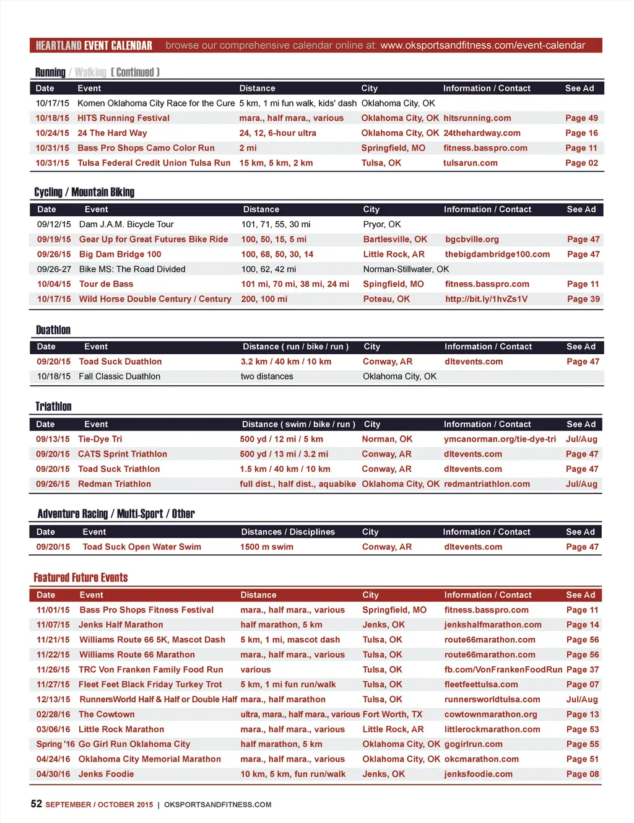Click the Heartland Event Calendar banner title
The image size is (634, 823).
pyautogui.click(x=94, y=46)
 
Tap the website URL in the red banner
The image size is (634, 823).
pyautogui.click(x=482, y=45)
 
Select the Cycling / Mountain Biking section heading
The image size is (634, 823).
pyautogui.click(x=84, y=192)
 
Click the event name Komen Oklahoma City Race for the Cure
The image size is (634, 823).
pyautogui.click(x=156, y=103)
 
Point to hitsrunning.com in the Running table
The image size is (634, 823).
pyautogui.click(x=477, y=118)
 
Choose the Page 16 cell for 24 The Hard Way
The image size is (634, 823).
pyautogui.click(x=581, y=133)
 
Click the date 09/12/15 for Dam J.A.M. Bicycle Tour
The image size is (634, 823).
pyautogui.click(x=54, y=224)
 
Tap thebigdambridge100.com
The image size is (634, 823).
pyautogui.click(x=497, y=255)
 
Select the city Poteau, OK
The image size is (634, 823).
pyautogui.click(x=386, y=299)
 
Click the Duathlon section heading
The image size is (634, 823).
pyautogui.click(x=53, y=330)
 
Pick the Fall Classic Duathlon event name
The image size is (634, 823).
pyautogui.click(x=119, y=377)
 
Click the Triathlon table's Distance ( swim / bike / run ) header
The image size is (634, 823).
pyautogui.click(x=298, y=424)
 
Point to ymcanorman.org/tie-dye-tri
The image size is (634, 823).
pyautogui.click(x=500, y=439)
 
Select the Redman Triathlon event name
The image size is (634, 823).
pyautogui.click(x=115, y=484)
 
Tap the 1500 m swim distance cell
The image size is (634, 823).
pyautogui.click(x=267, y=547)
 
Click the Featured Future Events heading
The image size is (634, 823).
pyautogui.click(x=80, y=578)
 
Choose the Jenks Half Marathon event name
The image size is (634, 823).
pyautogui.click(x=121, y=625)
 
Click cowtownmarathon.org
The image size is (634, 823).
pyautogui.click(x=490, y=715)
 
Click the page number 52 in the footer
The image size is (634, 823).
pyautogui.click(x=37, y=804)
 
